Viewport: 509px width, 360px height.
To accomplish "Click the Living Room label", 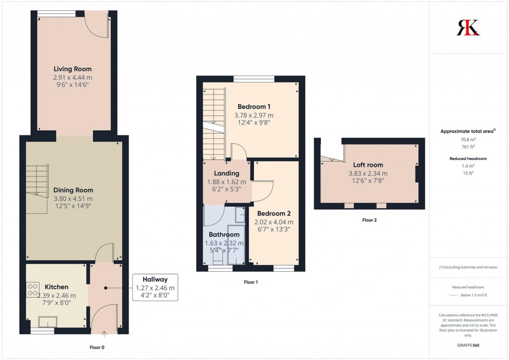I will (x=73, y=69).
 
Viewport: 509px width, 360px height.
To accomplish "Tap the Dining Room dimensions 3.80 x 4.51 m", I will (x=73, y=198).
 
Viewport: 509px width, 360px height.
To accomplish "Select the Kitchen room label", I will (x=57, y=287).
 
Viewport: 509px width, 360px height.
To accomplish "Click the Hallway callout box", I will (x=155, y=287).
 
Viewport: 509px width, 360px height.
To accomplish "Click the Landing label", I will (x=227, y=174).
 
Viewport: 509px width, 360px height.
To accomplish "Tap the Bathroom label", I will (x=224, y=235).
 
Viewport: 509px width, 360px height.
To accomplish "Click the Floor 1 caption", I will (x=250, y=282).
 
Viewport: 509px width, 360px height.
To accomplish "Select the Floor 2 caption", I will (x=369, y=220).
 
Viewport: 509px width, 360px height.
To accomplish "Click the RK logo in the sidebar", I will (x=468, y=27).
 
